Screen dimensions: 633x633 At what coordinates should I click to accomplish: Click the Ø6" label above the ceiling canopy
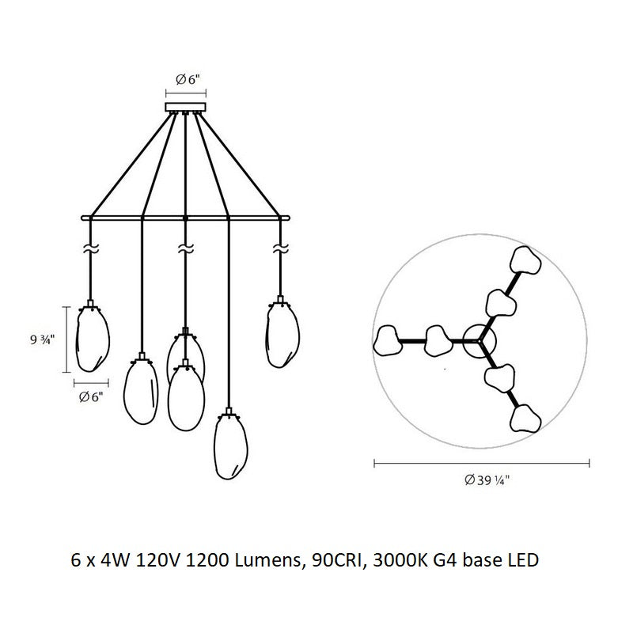pos(187,79)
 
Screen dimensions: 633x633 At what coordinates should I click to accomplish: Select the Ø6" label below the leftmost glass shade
pos(91,397)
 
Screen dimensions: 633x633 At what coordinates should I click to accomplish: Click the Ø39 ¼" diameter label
pos(481,479)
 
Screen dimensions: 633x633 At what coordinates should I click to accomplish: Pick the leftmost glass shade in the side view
pos(93,339)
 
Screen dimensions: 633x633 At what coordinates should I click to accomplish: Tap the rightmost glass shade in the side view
pos(280,334)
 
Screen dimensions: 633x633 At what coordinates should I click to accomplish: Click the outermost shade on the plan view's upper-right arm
pos(525,260)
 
